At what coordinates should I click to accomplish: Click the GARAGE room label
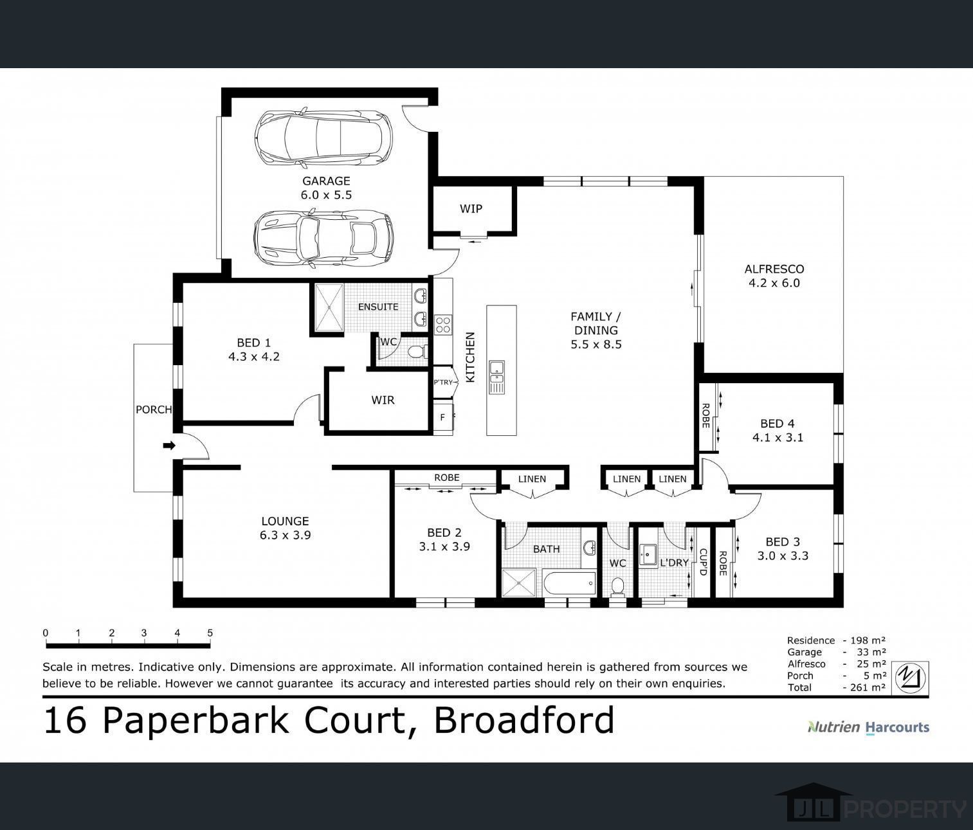click(x=326, y=181)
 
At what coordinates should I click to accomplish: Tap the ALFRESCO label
click(x=774, y=269)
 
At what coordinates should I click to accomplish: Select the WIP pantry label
click(x=471, y=208)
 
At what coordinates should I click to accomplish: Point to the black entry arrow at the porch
click(x=169, y=445)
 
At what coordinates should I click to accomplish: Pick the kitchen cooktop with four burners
click(x=443, y=324)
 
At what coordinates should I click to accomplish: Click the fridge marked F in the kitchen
click(x=442, y=417)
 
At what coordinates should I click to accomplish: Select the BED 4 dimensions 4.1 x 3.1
click(x=777, y=438)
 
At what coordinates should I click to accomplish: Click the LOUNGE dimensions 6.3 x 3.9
click(x=286, y=535)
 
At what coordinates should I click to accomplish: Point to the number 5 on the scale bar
click(x=210, y=633)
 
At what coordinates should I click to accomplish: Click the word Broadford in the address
click(x=524, y=720)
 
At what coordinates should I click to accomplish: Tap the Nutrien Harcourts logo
click(x=869, y=727)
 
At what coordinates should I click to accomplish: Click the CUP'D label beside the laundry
click(x=704, y=563)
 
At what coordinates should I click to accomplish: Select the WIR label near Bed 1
click(x=383, y=401)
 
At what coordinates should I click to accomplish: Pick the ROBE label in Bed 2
click(x=447, y=478)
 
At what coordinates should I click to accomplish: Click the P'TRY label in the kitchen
click(x=442, y=383)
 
